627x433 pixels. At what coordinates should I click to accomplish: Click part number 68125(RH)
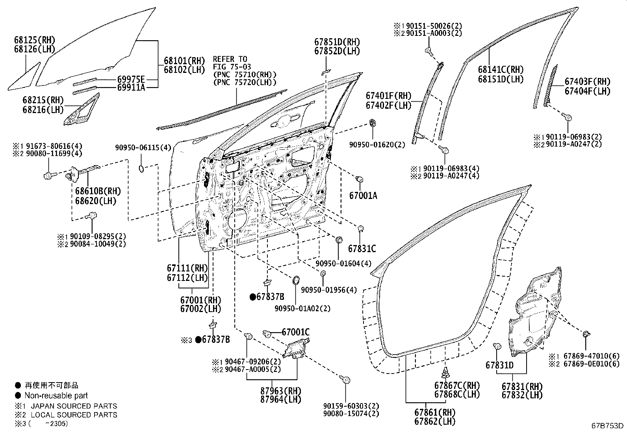[35, 40]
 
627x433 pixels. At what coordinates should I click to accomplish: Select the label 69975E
[131, 79]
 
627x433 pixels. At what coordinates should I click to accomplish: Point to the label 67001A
[363, 195]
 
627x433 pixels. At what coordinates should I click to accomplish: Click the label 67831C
[362, 249]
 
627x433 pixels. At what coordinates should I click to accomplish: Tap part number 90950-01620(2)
[377, 145]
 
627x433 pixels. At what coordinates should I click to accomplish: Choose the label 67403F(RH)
[587, 82]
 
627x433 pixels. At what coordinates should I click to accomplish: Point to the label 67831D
[499, 365]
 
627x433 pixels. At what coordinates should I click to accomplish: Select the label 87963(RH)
[280, 390]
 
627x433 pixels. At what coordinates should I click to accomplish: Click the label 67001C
[295, 333]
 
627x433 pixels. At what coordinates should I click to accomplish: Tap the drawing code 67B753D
[607, 426]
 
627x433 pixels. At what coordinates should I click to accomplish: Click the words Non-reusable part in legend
[56, 396]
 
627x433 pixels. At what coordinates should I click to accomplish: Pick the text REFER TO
[230, 59]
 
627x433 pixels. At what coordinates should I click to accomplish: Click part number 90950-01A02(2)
[302, 308]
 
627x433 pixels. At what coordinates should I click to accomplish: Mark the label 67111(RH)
[187, 268]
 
